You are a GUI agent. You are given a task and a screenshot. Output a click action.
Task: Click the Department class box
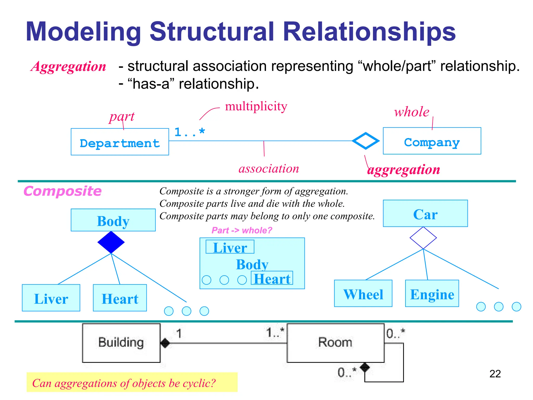120,142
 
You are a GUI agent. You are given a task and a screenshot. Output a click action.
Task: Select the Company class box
432,141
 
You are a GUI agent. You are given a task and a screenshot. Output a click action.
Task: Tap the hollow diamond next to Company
365,141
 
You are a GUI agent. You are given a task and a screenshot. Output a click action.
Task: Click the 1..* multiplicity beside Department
189,132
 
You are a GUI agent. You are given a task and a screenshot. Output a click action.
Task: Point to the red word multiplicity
256,106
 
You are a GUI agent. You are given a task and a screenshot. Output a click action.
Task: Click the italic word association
269,169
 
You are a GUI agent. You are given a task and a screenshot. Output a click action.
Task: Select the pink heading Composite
62,191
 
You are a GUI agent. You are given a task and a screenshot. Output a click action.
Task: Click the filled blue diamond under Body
111,242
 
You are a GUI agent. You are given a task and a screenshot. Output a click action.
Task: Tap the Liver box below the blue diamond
51,298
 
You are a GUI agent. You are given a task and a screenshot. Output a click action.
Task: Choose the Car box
425,214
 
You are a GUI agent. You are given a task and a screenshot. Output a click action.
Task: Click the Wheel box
363,293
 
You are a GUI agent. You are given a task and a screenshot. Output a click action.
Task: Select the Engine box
432,293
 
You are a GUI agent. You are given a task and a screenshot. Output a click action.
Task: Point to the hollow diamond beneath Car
423,238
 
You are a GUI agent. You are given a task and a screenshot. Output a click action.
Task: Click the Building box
121,343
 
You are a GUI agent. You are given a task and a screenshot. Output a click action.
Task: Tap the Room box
335,343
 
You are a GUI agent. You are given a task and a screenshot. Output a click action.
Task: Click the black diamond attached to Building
165,343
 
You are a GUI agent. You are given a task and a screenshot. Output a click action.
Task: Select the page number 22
495,374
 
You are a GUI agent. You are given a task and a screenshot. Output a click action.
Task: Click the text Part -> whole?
242,230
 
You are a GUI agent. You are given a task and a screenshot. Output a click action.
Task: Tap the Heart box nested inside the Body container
272,278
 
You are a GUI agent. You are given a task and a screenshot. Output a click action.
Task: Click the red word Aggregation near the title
68,66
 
